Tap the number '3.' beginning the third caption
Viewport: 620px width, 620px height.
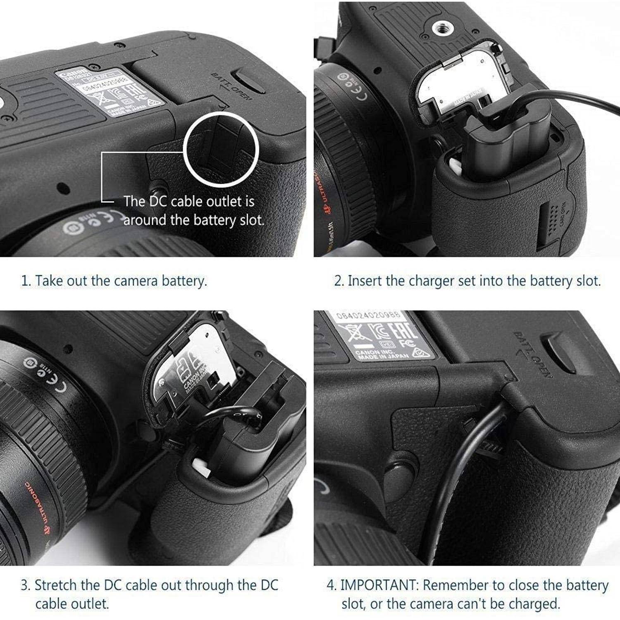[x=26, y=585]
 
